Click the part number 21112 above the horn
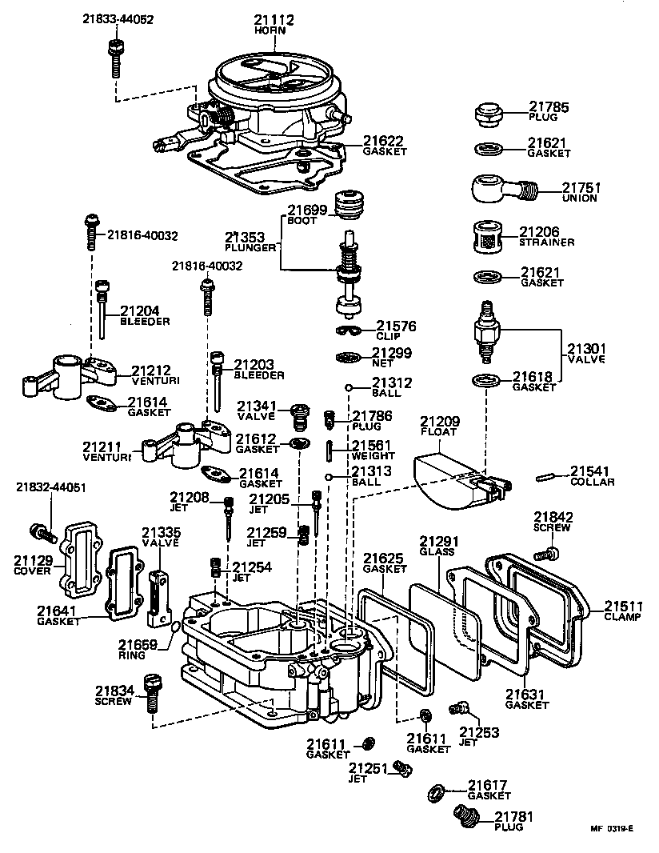(x=274, y=19)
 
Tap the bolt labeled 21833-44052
(x=114, y=56)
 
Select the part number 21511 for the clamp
(x=622, y=605)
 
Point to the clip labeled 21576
(x=347, y=331)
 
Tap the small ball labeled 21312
(x=349, y=388)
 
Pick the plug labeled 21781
(x=466, y=816)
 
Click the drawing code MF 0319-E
(x=612, y=829)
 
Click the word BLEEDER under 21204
(x=145, y=322)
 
